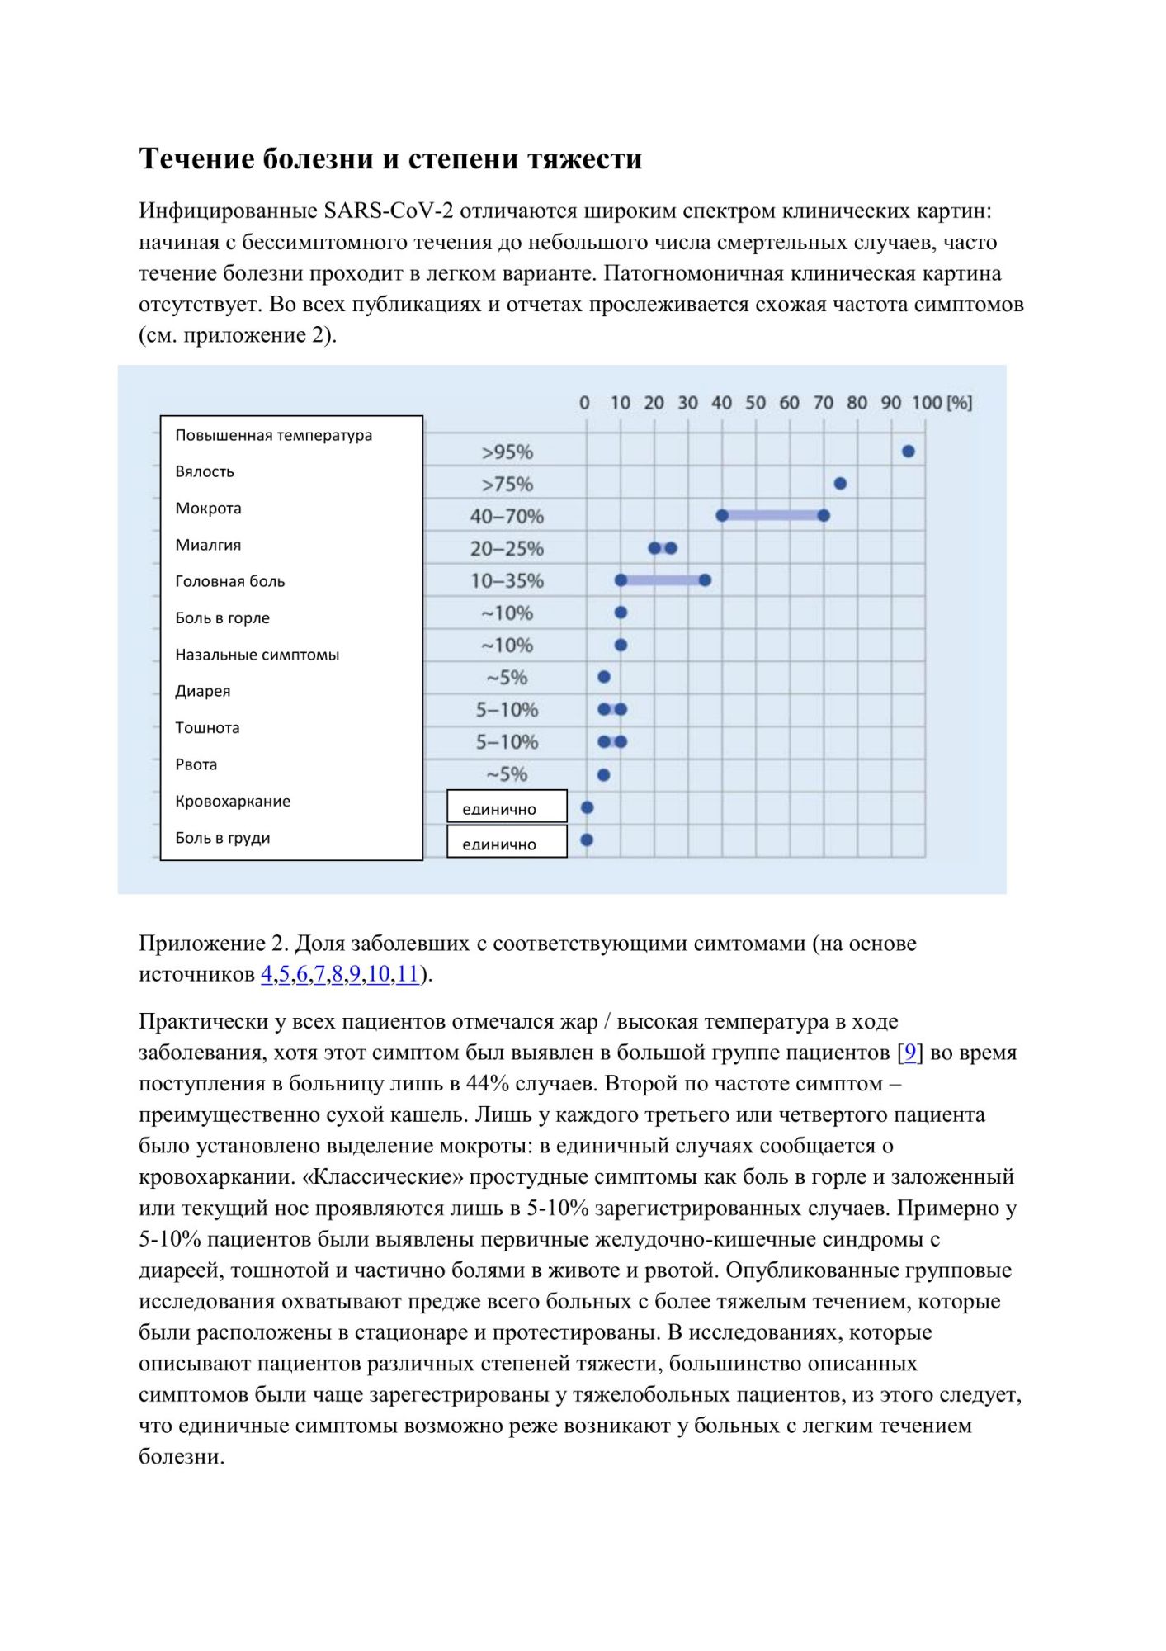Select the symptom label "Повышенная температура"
point(273,435)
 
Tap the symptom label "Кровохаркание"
point(233,801)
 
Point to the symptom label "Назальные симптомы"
point(257,655)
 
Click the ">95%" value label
point(507,452)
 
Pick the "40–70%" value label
point(507,516)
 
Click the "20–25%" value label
point(507,548)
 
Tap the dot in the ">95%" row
point(908,451)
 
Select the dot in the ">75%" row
point(840,483)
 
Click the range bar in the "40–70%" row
point(772,515)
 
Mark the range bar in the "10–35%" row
point(663,580)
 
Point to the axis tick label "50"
point(755,403)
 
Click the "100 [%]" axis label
point(942,403)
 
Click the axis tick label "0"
point(584,403)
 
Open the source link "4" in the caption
point(267,974)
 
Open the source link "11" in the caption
point(408,974)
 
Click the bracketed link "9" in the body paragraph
point(910,1053)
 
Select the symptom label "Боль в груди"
point(223,838)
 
